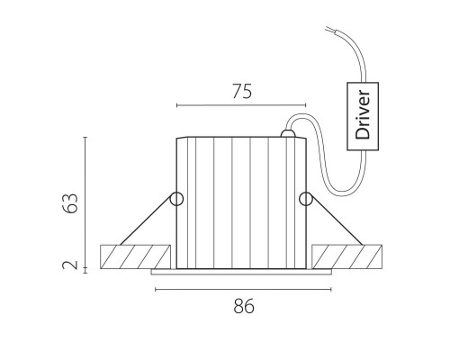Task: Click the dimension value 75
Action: pos(242,92)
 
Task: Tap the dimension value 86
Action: pos(244,306)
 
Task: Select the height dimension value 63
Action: pos(71,203)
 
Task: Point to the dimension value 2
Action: pos(70,265)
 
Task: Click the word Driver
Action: pos(363,114)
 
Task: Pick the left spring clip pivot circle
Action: pos(176,199)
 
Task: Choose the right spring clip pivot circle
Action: pos(306,199)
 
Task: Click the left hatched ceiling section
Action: pos(135,256)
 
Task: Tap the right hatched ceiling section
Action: pos(347,256)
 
